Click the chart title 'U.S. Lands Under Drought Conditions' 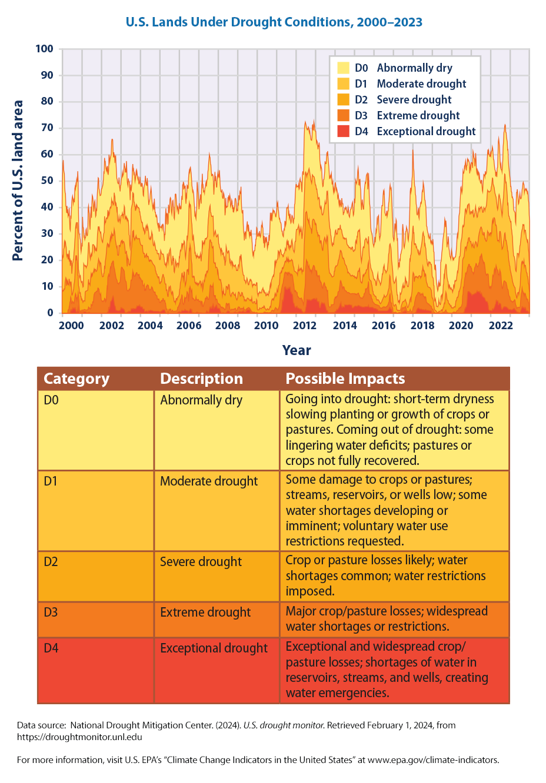pyautogui.click(x=274, y=22)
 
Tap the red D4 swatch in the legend pyautogui.click(x=344, y=132)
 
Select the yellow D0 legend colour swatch pyautogui.click(x=344, y=68)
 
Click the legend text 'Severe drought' pyautogui.click(x=414, y=100)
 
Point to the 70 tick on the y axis pyautogui.click(x=47, y=128)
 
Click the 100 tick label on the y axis pyautogui.click(x=45, y=49)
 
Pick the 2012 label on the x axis pyautogui.click(x=305, y=326)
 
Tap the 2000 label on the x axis pyautogui.click(x=71, y=326)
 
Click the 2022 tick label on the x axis pyautogui.click(x=501, y=326)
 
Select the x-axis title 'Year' pyautogui.click(x=297, y=350)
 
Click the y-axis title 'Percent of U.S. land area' pyautogui.click(x=18, y=180)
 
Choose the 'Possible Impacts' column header pyautogui.click(x=345, y=379)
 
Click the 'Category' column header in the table pyautogui.click(x=76, y=379)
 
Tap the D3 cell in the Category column pyautogui.click(x=51, y=613)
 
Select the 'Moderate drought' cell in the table pyautogui.click(x=209, y=481)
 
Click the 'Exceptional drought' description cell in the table pyautogui.click(x=214, y=648)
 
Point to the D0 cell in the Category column pyautogui.click(x=51, y=400)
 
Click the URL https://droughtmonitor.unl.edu pyautogui.click(x=79, y=737)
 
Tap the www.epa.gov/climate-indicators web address pyautogui.click(x=432, y=760)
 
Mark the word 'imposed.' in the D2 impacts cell pyautogui.click(x=309, y=591)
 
